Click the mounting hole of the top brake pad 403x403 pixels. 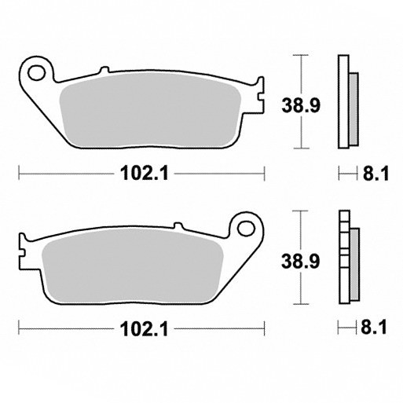pyautogui.click(x=36, y=73)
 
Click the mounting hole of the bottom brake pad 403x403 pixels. pyautogui.click(x=246, y=229)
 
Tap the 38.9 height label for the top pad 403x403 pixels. pyautogui.click(x=301, y=105)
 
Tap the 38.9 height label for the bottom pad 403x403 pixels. pyautogui.click(x=300, y=262)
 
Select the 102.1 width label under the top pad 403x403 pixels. pyautogui.click(x=145, y=174)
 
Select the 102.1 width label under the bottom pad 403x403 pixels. pyautogui.click(x=145, y=329)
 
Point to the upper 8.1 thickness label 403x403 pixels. pyautogui.click(x=376, y=174)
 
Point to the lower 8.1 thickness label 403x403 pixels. pyautogui.click(x=374, y=328)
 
